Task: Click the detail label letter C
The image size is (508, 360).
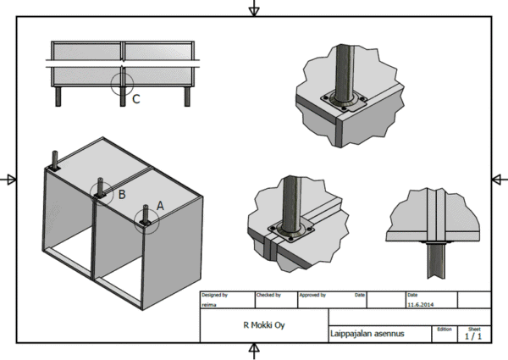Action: pos(136,99)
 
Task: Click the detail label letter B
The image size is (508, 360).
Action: pos(122,194)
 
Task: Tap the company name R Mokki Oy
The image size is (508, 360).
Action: pos(263,324)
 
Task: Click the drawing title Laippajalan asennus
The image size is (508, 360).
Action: pos(367,335)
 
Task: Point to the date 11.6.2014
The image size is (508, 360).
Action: pos(420,302)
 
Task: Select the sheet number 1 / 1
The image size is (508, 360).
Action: pos(473,336)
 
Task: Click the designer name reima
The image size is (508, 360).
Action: pos(208,302)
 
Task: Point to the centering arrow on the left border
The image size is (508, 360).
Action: pos(10,180)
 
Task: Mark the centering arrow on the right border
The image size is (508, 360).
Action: pos(498,180)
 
